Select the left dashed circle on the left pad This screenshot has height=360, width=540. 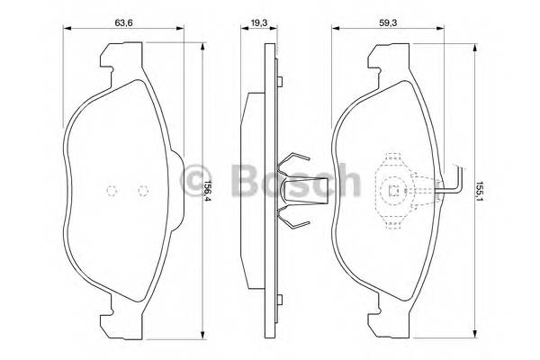(112, 190)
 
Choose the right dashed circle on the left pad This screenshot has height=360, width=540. (141, 190)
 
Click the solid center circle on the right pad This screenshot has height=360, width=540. (394, 190)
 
